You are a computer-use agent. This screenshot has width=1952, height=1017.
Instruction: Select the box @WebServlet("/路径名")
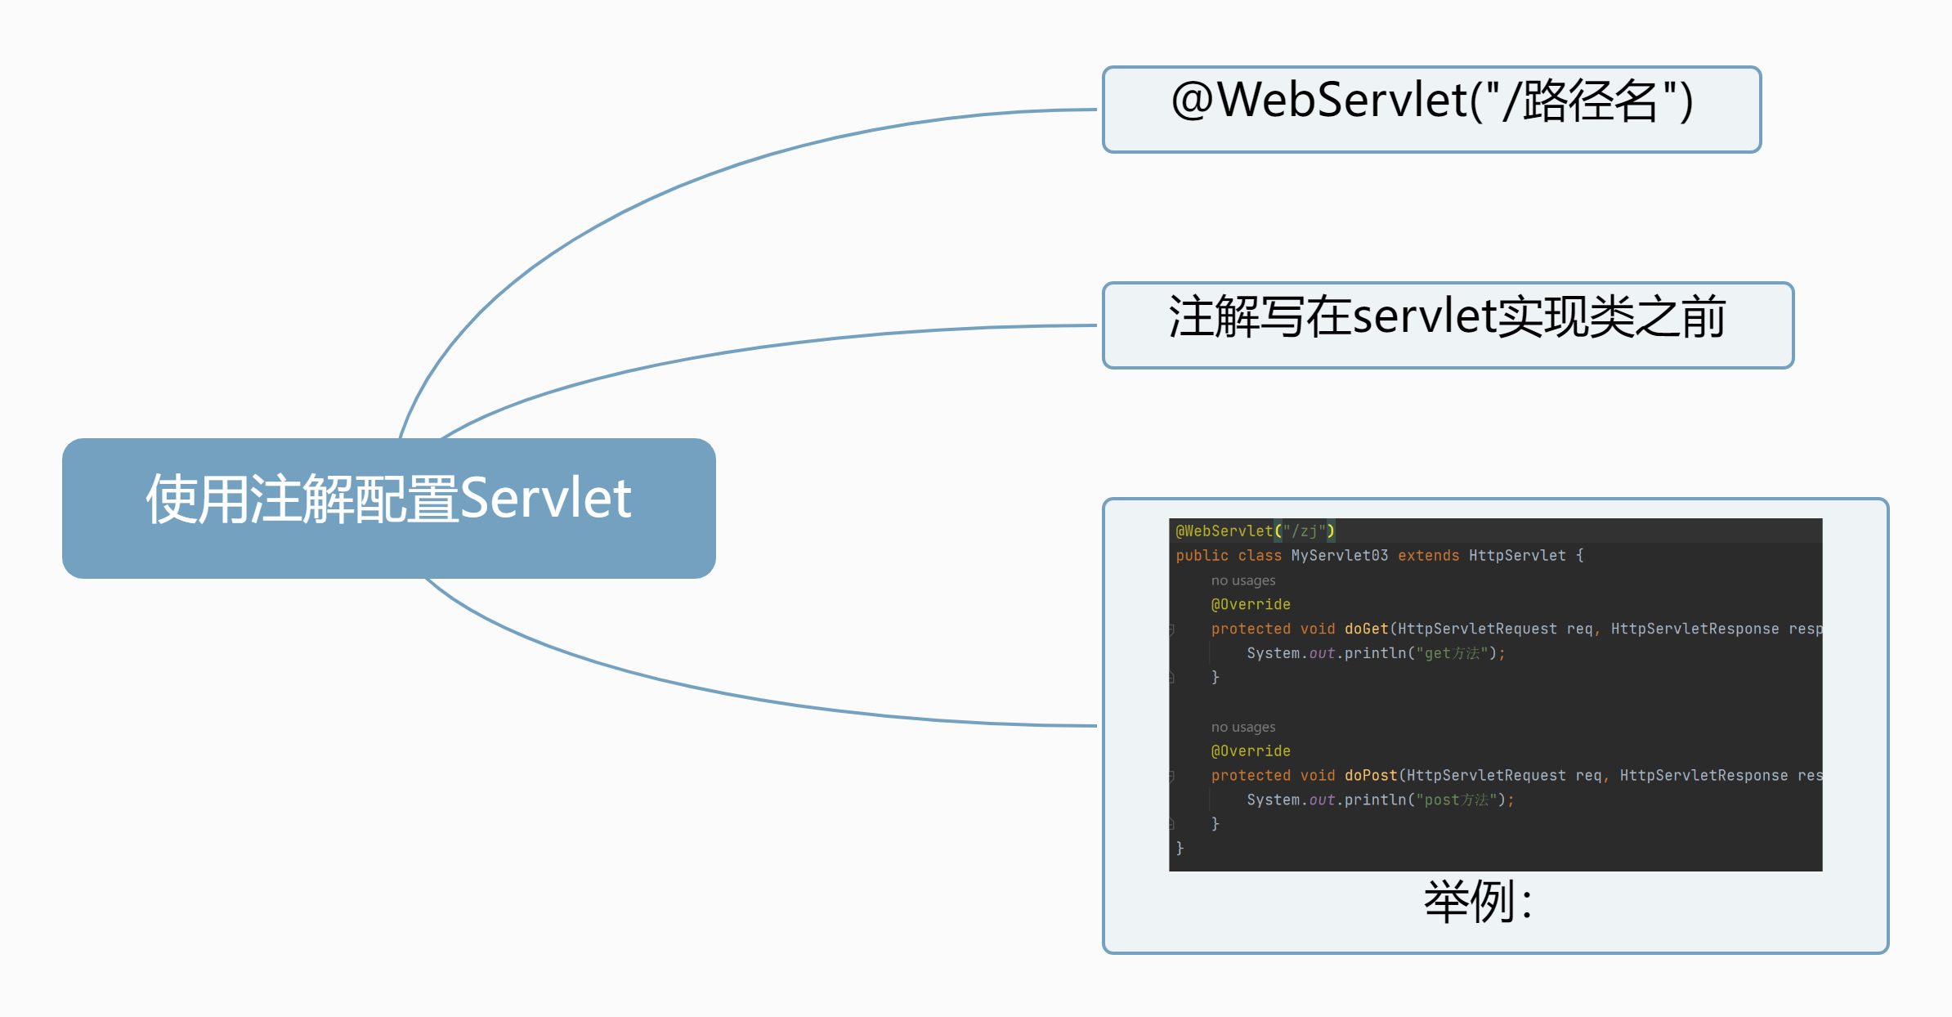click(x=1431, y=110)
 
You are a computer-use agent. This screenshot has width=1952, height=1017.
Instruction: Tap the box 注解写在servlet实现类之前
click(x=1448, y=325)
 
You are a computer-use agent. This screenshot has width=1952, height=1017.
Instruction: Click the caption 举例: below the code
click(x=1478, y=903)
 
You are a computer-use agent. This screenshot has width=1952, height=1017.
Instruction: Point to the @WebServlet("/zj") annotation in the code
click(x=1255, y=531)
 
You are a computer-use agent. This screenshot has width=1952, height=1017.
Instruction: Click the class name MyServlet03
click(x=1339, y=556)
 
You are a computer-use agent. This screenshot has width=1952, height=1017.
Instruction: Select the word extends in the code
click(x=1428, y=556)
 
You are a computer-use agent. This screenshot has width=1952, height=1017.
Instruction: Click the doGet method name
click(x=1366, y=629)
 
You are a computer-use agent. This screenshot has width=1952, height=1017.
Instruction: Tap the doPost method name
click(x=1371, y=775)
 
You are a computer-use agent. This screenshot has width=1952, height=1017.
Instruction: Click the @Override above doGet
click(x=1251, y=604)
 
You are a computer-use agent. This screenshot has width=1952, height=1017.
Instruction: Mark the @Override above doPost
click(x=1251, y=750)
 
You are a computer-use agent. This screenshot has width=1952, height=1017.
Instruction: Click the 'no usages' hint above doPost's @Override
click(x=1242, y=727)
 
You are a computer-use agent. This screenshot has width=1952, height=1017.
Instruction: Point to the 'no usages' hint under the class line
click(x=1242, y=580)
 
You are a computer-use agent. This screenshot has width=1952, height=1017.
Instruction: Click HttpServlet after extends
click(x=1517, y=556)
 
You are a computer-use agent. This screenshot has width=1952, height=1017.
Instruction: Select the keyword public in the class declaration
click(x=1202, y=556)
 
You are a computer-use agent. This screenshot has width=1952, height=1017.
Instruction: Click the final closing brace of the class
click(x=1180, y=848)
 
